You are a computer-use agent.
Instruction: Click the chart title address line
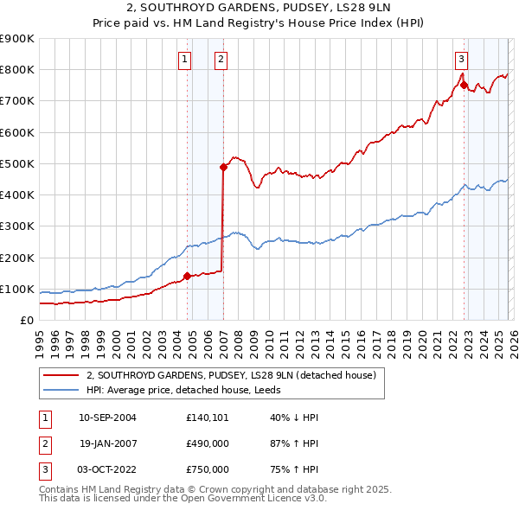click(259, 8)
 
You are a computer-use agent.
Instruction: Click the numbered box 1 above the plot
click(185, 59)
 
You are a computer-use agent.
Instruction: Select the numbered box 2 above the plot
click(221, 59)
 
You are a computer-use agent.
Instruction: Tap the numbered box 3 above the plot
click(462, 59)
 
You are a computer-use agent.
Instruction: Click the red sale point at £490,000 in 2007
click(223, 167)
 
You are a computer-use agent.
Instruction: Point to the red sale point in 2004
click(188, 277)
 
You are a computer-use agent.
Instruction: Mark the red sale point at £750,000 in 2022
click(464, 85)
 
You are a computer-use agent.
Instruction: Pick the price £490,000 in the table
click(208, 443)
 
